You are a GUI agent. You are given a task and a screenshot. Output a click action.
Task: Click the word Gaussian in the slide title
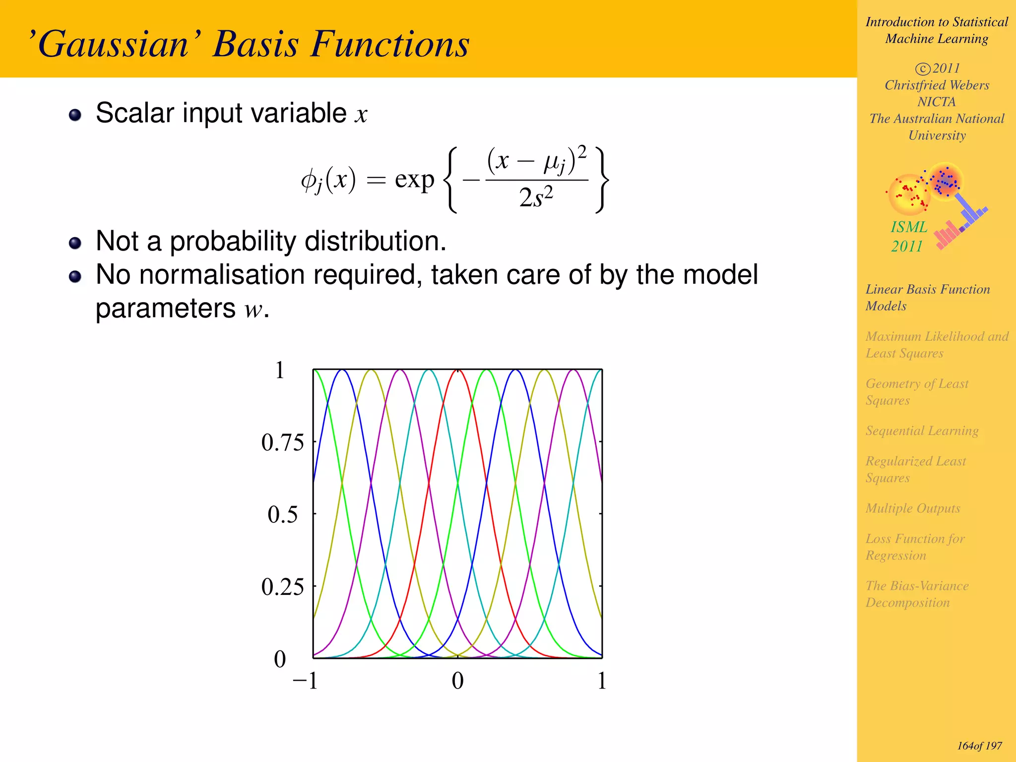tap(113, 45)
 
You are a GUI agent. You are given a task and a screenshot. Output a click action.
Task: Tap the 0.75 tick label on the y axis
tap(282, 442)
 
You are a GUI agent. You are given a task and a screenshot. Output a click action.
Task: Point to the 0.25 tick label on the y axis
tap(282, 587)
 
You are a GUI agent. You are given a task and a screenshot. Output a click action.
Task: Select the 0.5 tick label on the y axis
tap(283, 514)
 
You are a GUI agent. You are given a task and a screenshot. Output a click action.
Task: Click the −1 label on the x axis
tap(305, 681)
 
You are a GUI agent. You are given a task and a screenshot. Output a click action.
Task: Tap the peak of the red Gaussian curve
tap(457, 371)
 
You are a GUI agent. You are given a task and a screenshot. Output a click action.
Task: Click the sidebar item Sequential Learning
tap(922, 431)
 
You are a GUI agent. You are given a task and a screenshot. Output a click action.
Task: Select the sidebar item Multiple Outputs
tap(913, 508)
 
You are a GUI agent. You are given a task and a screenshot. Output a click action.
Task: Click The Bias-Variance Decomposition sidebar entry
tap(917, 594)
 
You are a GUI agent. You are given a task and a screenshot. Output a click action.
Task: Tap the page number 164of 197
tap(979, 746)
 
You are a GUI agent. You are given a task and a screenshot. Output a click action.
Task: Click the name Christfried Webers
tap(937, 85)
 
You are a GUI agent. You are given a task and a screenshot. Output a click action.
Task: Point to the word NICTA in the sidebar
tap(936, 102)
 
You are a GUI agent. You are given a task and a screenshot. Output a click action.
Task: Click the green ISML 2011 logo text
tap(908, 236)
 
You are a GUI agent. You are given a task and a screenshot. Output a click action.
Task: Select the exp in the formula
tap(414, 180)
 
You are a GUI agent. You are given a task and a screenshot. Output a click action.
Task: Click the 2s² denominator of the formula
tap(536, 197)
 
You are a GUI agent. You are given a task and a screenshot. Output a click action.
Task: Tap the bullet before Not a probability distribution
tap(75, 243)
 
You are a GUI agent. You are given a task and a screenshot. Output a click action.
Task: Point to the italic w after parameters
tap(253, 310)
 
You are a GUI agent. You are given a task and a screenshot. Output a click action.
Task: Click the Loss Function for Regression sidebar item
tap(915, 547)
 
